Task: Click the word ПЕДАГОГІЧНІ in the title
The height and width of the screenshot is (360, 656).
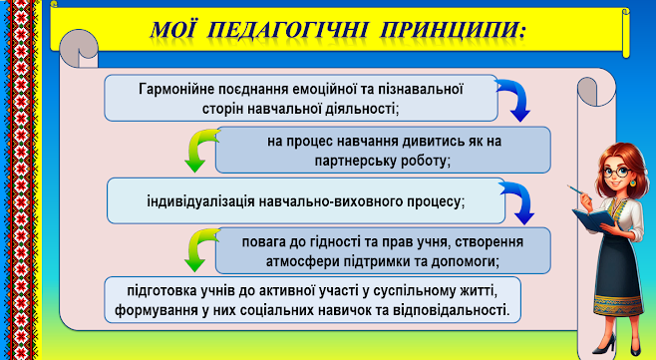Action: pyautogui.click(x=289, y=31)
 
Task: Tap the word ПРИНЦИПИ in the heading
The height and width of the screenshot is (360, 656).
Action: pyautogui.click(x=453, y=31)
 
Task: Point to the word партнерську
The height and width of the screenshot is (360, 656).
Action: pyautogui.click(x=354, y=162)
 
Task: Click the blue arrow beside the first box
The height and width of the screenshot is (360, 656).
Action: pyautogui.click(x=514, y=100)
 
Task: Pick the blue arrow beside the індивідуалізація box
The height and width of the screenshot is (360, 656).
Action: pyautogui.click(x=517, y=202)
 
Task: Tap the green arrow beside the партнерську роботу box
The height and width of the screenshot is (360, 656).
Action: pyautogui.click(x=200, y=150)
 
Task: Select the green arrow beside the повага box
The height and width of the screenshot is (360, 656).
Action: pyautogui.click(x=200, y=249)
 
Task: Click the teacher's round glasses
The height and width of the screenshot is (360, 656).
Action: pyautogui.click(x=618, y=172)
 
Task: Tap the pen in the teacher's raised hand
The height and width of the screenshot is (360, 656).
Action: pyautogui.click(x=578, y=191)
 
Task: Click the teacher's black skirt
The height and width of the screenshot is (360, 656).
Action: pyautogui.click(x=617, y=275)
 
